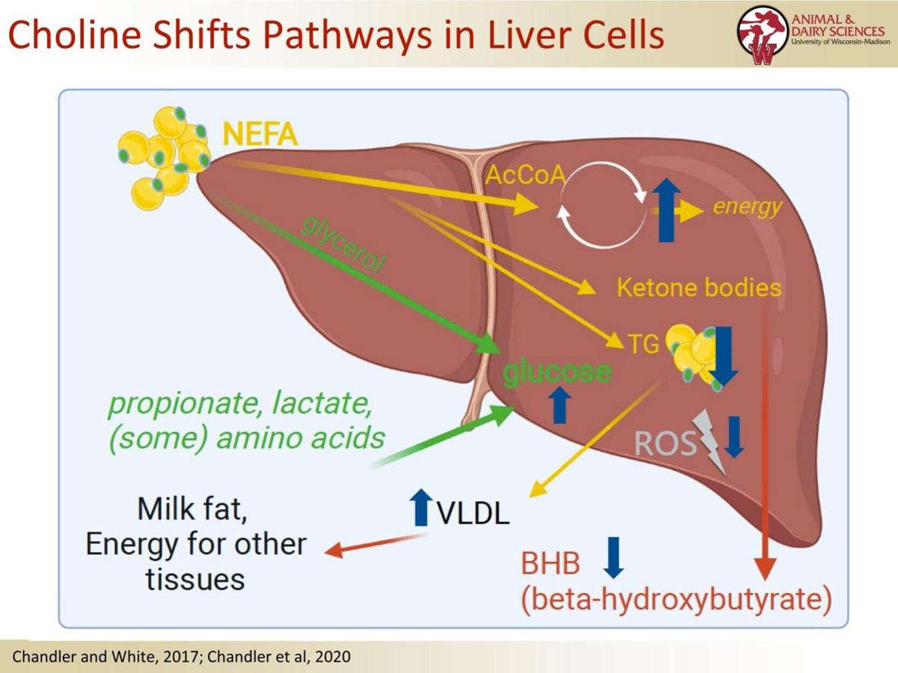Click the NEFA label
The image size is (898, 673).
(260, 135)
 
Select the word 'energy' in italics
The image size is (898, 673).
(747, 206)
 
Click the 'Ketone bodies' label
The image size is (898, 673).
(699, 288)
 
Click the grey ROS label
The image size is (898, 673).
(662, 443)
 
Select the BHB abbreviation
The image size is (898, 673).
(550, 562)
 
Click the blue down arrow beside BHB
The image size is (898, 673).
(614, 557)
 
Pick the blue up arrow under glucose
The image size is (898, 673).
(560, 405)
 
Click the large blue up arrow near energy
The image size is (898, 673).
(665, 210)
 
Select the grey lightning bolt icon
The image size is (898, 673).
(709, 441)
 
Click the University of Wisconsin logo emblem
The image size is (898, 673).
(763, 34)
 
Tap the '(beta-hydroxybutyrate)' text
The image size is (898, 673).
(676, 600)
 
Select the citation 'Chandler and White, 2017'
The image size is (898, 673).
(104, 657)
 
